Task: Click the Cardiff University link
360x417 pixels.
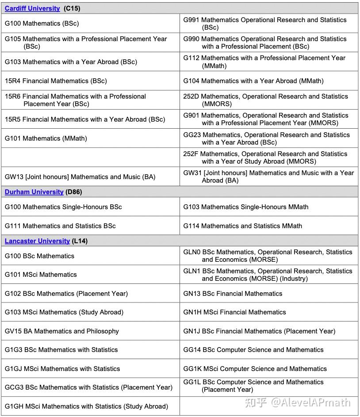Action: [x=32, y=8]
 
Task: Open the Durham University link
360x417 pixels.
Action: [x=34, y=192]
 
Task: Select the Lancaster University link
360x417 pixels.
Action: [x=37, y=241]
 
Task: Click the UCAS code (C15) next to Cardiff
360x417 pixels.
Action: [x=72, y=8]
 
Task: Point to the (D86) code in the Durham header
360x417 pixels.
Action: [x=74, y=192]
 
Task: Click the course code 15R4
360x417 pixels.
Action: [x=12, y=81]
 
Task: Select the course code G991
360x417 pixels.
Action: [x=191, y=20]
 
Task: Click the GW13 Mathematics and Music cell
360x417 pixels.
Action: [x=80, y=177]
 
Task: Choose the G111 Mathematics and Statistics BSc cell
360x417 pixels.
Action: [x=60, y=226]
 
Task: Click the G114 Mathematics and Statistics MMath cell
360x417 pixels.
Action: [x=242, y=226]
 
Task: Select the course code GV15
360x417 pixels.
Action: [x=13, y=331]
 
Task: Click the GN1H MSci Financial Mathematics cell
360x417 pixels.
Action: [x=234, y=312]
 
